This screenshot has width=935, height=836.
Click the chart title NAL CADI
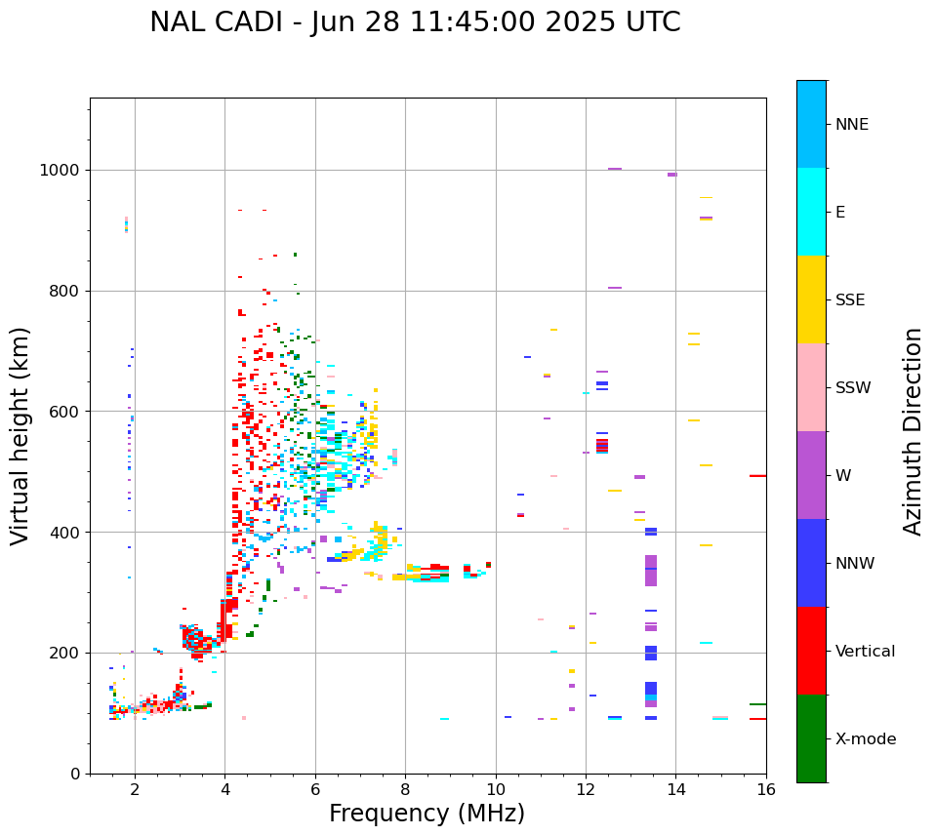point(415,22)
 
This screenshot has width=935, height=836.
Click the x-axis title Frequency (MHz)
point(427,814)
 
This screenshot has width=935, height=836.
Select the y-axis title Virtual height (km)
point(20,435)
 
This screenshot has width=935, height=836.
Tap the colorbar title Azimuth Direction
point(913,430)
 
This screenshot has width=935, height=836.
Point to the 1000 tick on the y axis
point(65,171)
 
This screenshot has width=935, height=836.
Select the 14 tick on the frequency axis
point(676,788)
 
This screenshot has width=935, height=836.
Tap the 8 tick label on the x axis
point(405,788)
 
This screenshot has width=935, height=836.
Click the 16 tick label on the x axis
point(766,788)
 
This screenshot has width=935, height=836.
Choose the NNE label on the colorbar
point(851,125)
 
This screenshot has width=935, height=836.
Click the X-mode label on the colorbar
point(865,739)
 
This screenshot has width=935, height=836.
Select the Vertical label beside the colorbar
point(865,652)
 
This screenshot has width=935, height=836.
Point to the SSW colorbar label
point(853,388)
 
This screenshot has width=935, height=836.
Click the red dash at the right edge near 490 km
point(757,476)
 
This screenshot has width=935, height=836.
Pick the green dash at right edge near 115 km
point(757,704)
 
